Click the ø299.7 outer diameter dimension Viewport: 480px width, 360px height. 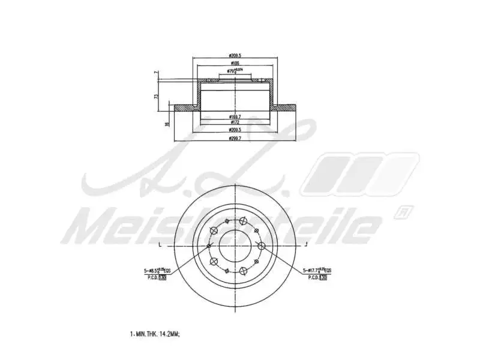[235, 138]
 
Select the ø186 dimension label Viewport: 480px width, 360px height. [235, 64]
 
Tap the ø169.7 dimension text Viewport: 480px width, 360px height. [235, 116]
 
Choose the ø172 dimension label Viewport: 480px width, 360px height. [235, 122]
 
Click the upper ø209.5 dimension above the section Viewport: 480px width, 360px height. [235, 56]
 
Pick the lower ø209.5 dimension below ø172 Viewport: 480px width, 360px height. [235, 130]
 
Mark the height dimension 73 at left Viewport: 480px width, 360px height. [157, 96]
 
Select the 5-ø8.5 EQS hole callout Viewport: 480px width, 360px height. [155, 271]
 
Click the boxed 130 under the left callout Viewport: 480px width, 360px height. [163, 278]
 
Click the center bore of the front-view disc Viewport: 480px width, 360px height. [235, 246]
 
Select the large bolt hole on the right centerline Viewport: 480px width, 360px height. [261, 246]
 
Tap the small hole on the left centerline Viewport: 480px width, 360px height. [208, 246]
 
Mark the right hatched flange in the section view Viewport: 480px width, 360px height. [286, 108]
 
